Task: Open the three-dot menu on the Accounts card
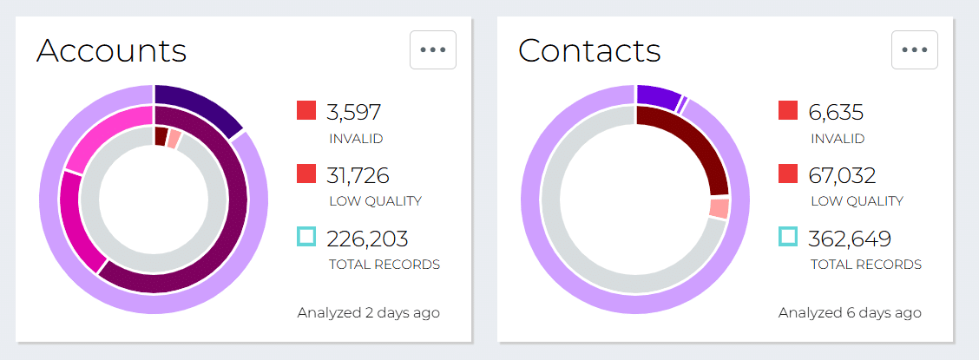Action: click(433, 50)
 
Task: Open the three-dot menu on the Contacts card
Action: click(915, 50)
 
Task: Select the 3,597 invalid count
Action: click(353, 113)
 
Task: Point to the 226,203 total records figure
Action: click(367, 239)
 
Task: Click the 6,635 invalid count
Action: click(835, 113)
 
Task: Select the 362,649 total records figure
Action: click(850, 239)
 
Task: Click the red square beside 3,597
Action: click(306, 111)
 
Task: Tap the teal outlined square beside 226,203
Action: click(306, 237)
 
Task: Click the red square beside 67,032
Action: click(788, 173)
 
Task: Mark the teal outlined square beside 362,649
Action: click(788, 237)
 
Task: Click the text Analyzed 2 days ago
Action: click(368, 312)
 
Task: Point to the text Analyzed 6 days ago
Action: click(850, 312)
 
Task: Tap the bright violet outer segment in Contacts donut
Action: click(657, 97)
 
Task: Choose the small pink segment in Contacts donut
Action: click(719, 208)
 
